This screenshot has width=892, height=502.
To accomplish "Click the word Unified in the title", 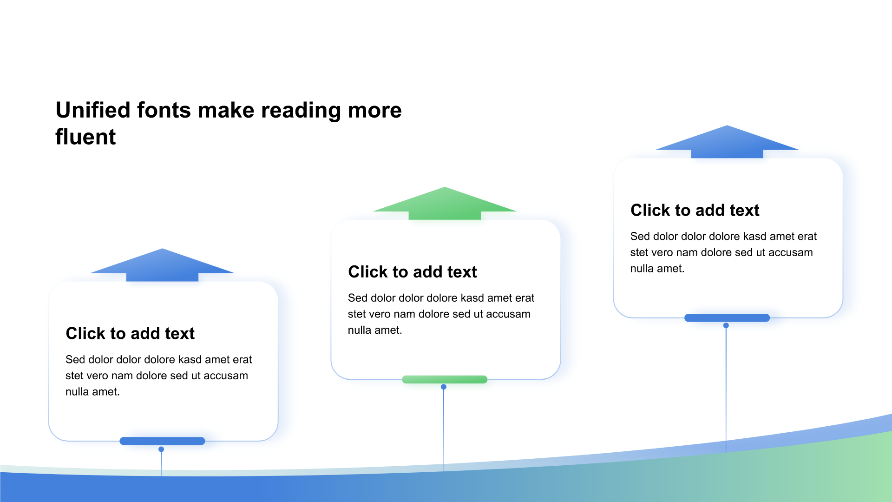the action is (93, 110).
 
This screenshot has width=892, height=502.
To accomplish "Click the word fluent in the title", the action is (85, 137).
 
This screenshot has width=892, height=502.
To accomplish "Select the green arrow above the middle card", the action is (445, 203).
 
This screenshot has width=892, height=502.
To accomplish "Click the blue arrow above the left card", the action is (162, 265).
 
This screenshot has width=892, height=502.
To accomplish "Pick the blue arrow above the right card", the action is (727, 142).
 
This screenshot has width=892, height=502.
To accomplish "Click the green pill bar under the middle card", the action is (445, 379).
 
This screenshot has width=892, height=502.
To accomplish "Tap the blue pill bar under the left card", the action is (162, 441).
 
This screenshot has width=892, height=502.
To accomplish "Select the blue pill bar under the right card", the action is (727, 318).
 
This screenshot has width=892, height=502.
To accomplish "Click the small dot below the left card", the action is (161, 449).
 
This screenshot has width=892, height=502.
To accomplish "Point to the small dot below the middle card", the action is (444, 387).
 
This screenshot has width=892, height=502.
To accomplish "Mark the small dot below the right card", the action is (726, 325).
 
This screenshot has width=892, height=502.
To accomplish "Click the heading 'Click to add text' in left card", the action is (130, 333).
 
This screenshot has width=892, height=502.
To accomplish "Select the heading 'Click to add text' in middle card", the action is (413, 272).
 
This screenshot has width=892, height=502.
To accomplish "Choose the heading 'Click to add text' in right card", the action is (695, 210).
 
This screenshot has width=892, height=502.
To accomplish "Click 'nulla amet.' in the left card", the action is (92, 392).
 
